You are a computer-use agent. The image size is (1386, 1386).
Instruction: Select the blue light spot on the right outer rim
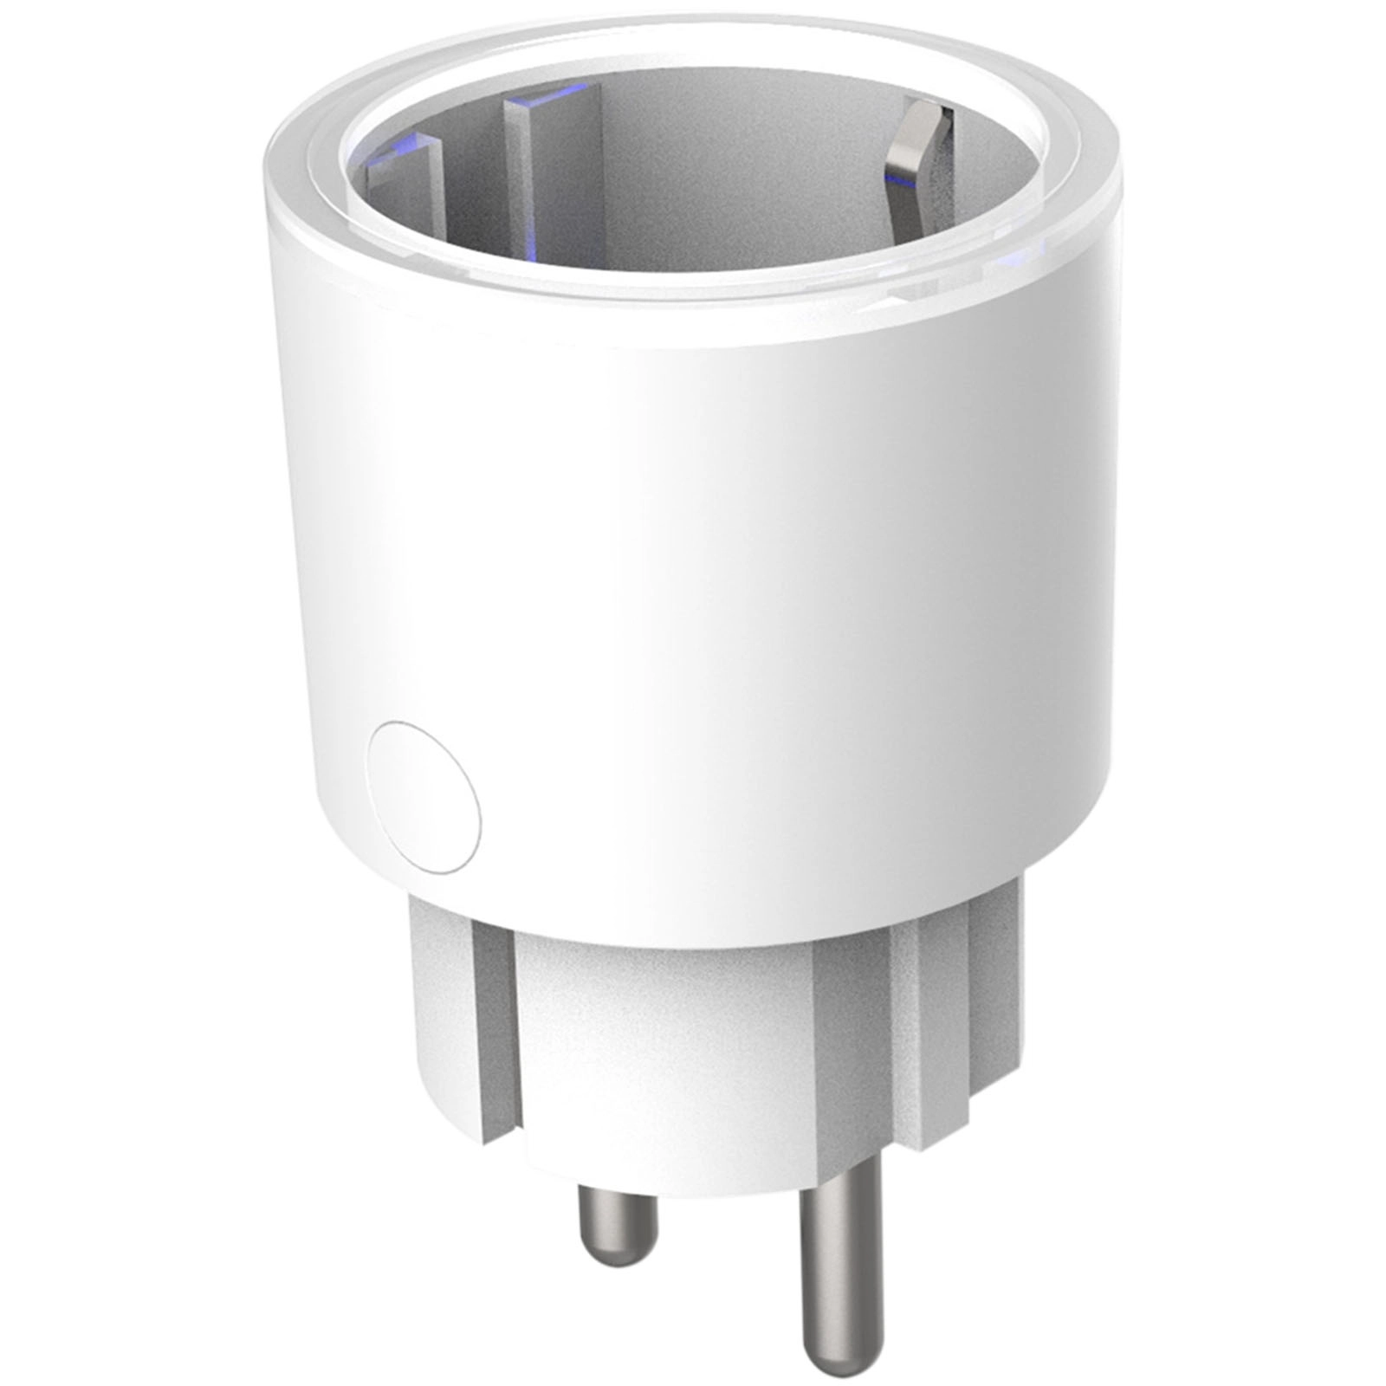pos(1014,260)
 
